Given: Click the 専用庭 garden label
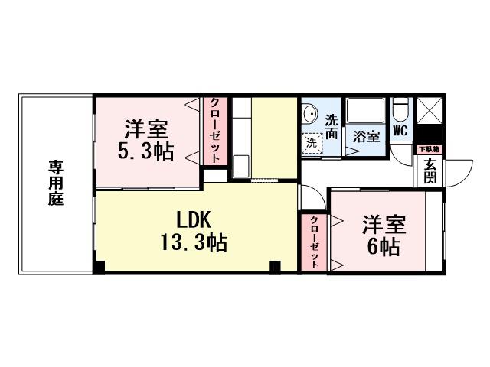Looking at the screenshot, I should tap(56, 183).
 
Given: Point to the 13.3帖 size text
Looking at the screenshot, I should tap(193, 244).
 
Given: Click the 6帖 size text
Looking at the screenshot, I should tap(383, 247).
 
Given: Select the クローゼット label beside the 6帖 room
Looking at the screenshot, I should tap(314, 243).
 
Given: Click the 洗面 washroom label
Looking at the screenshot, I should tap(332, 126).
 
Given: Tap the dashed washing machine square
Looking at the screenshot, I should tap(312, 142).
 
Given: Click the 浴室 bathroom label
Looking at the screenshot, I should tap(366, 137).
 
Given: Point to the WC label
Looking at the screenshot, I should tap(399, 131).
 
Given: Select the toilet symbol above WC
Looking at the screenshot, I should tap(399, 112).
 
